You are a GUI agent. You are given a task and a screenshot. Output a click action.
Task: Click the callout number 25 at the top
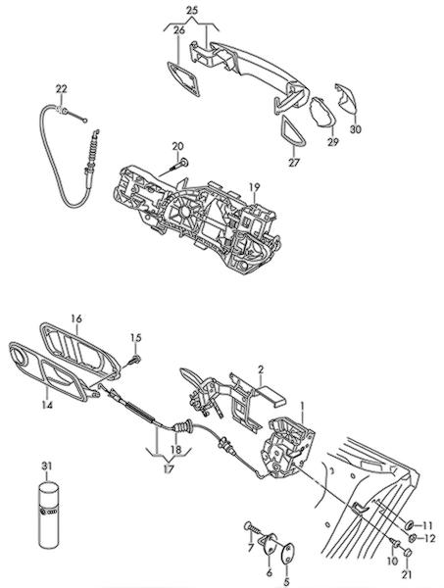pyautogui.click(x=192, y=10)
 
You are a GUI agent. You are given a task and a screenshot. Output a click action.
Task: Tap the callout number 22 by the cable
pyautogui.click(x=62, y=89)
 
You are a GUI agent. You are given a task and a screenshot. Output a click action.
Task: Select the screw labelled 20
pyautogui.click(x=178, y=165)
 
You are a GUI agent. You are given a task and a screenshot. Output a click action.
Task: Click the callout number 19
pyautogui.click(x=254, y=186)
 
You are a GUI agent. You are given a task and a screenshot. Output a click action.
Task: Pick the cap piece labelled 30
pyautogui.click(x=347, y=97)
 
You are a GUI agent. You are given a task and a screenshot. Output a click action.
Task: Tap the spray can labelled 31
pyautogui.click(x=49, y=514)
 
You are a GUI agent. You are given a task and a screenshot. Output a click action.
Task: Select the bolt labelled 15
pyautogui.click(x=134, y=360)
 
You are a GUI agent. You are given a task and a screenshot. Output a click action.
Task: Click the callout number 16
pyautogui.click(x=76, y=318)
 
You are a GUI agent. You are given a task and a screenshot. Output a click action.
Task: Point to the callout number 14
pyautogui.click(x=48, y=405)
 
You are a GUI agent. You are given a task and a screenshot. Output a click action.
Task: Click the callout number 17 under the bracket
pyautogui.click(x=169, y=468)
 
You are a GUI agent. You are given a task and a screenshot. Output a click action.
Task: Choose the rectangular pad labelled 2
pyautogui.click(x=271, y=396)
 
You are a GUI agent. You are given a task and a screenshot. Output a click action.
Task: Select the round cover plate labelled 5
pyautogui.click(x=288, y=553)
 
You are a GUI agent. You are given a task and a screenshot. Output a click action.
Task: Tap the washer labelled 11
pyautogui.click(x=410, y=523)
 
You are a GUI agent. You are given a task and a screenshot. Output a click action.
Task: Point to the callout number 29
pyautogui.click(x=332, y=142)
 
